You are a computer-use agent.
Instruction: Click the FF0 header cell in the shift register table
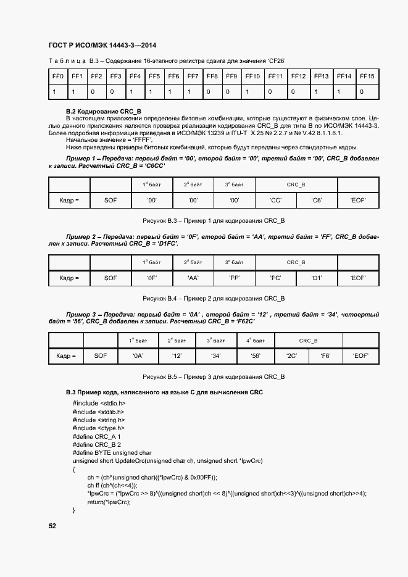58,77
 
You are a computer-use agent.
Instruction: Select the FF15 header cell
367,77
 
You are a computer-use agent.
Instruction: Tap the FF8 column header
212,77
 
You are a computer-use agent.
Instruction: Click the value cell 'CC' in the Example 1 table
275,201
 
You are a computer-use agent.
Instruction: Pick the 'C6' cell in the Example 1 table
317,201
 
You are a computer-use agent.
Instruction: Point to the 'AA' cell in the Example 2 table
193,278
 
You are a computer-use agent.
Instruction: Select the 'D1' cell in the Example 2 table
317,278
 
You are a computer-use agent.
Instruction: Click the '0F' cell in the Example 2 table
151,278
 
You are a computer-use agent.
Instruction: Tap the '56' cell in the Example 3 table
255,356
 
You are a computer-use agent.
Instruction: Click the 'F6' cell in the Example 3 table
325,356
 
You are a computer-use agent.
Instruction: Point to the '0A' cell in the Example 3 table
138,356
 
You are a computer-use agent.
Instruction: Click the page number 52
52,526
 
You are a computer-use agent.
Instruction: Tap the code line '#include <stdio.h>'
94,403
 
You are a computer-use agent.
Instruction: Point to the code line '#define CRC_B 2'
96,444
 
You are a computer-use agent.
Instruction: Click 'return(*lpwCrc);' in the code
109,502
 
